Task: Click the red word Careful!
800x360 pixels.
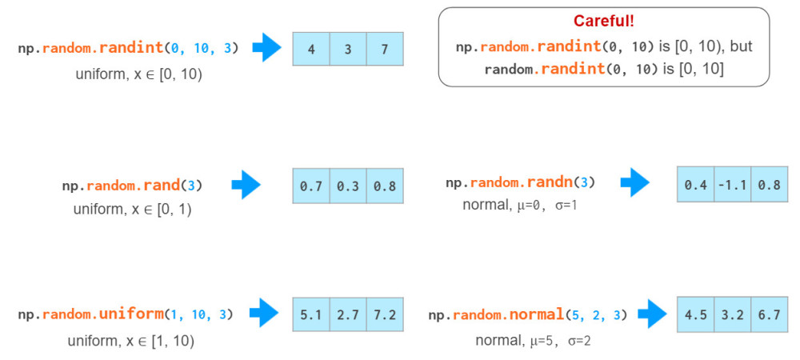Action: [603, 21]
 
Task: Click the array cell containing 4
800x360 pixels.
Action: [311, 49]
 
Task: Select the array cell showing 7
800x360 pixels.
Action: [385, 49]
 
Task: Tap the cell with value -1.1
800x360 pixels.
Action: [732, 184]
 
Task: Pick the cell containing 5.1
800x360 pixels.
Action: [311, 314]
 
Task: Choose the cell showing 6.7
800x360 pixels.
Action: [770, 314]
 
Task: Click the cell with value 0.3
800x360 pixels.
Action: [348, 186]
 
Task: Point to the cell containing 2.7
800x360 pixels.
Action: [348, 314]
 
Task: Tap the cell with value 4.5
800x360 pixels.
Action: [695, 314]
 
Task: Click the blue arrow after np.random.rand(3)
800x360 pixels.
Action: [246, 185]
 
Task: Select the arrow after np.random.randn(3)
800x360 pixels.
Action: [634, 182]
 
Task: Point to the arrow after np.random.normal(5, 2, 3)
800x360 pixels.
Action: [653, 314]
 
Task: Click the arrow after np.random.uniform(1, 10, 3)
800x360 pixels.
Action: [264, 313]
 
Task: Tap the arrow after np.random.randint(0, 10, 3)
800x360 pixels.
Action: [267, 47]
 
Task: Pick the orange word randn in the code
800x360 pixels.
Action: [546, 182]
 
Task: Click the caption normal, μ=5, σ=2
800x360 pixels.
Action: [533, 340]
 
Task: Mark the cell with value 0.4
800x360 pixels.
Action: [695, 184]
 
